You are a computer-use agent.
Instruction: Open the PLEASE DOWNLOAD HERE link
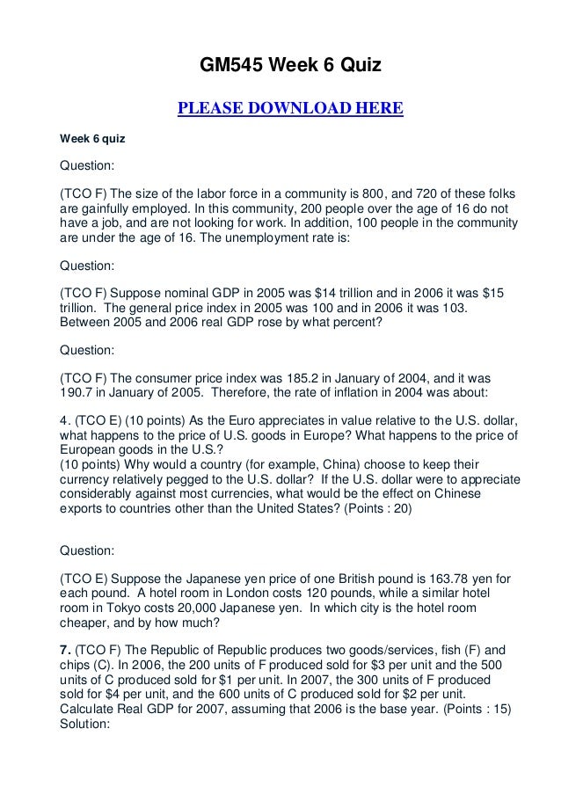[x=290, y=109]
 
